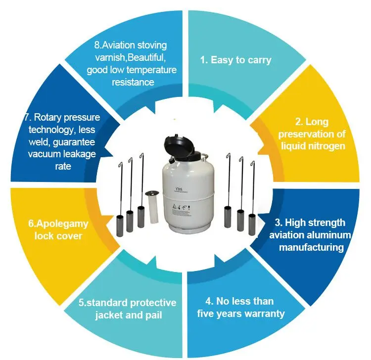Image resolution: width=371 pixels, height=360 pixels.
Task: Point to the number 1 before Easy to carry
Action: (x=202, y=60)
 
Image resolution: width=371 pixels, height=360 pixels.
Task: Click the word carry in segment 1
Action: (x=259, y=60)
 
